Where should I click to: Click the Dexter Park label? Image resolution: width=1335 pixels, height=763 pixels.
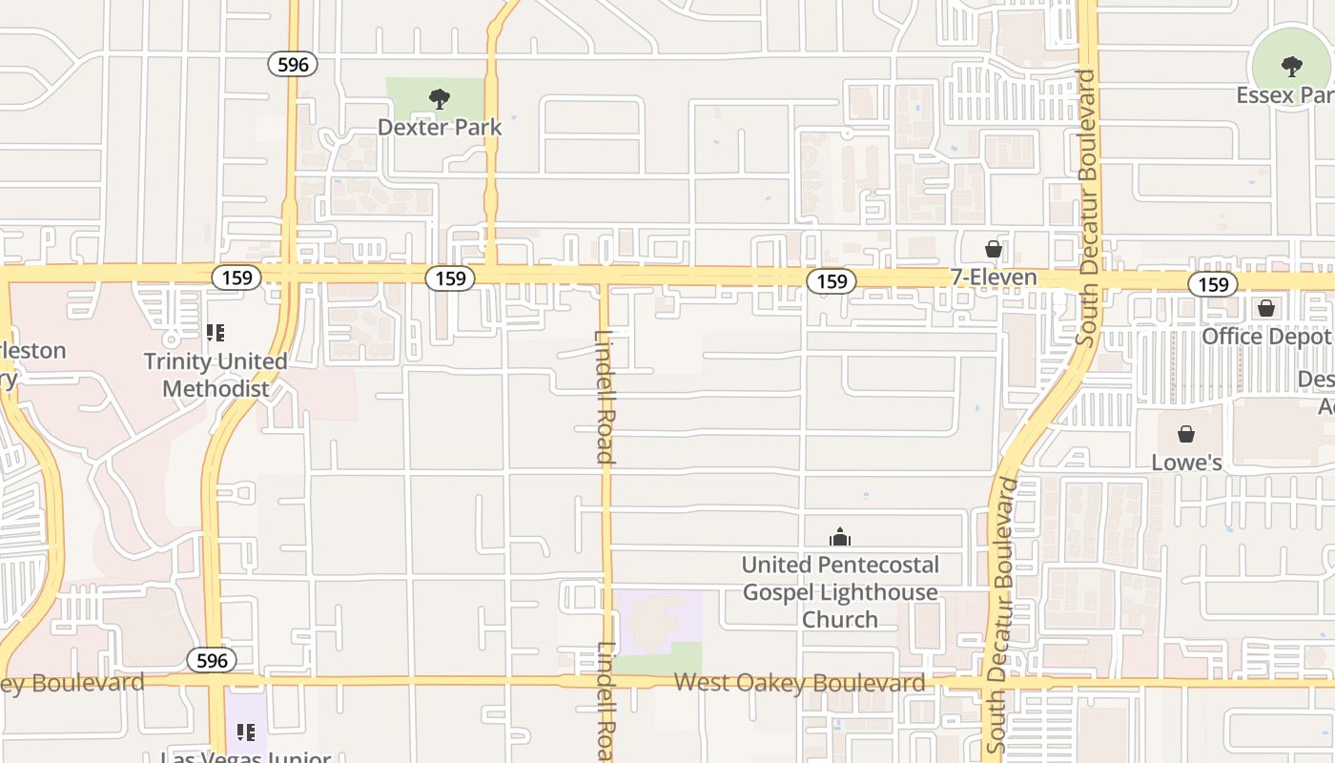click(x=440, y=126)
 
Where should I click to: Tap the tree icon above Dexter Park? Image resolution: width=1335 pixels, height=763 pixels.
click(x=440, y=98)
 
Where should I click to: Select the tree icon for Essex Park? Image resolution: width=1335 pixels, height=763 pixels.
click(x=1292, y=67)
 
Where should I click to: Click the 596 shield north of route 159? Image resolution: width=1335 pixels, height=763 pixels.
click(x=292, y=64)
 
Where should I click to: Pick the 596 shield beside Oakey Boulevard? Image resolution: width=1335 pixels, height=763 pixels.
click(x=211, y=660)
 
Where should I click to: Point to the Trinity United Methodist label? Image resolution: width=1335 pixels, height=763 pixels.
click(x=216, y=375)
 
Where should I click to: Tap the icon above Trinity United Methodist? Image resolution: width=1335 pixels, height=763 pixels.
click(x=216, y=333)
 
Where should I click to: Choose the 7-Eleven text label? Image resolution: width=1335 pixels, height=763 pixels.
click(x=993, y=278)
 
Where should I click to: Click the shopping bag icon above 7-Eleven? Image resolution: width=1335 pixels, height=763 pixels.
click(x=993, y=249)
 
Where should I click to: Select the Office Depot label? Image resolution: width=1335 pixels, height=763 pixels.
click(x=1265, y=337)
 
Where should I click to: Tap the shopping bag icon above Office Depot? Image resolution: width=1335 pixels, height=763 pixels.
click(x=1266, y=308)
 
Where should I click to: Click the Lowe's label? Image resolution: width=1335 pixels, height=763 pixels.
click(x=1186, y=463)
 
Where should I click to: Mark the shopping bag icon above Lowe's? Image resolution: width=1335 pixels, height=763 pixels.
click(x=1186, y=434)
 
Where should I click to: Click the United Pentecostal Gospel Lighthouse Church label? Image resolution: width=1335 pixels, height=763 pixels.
click(x=840, y=591)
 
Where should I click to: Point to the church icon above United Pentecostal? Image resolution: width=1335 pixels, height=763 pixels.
click(x=840, y=537)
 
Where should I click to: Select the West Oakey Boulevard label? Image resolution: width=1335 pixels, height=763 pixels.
click(x=799, y=683)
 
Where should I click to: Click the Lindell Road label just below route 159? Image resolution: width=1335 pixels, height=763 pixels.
click(x=605, y=396)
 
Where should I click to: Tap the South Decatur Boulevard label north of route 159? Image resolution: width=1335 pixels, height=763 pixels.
click(x=1087, y=207)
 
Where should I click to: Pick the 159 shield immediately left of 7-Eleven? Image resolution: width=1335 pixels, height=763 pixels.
click(x=832, y=281)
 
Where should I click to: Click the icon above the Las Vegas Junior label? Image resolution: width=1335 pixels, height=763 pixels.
click(x=246, y=732)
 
